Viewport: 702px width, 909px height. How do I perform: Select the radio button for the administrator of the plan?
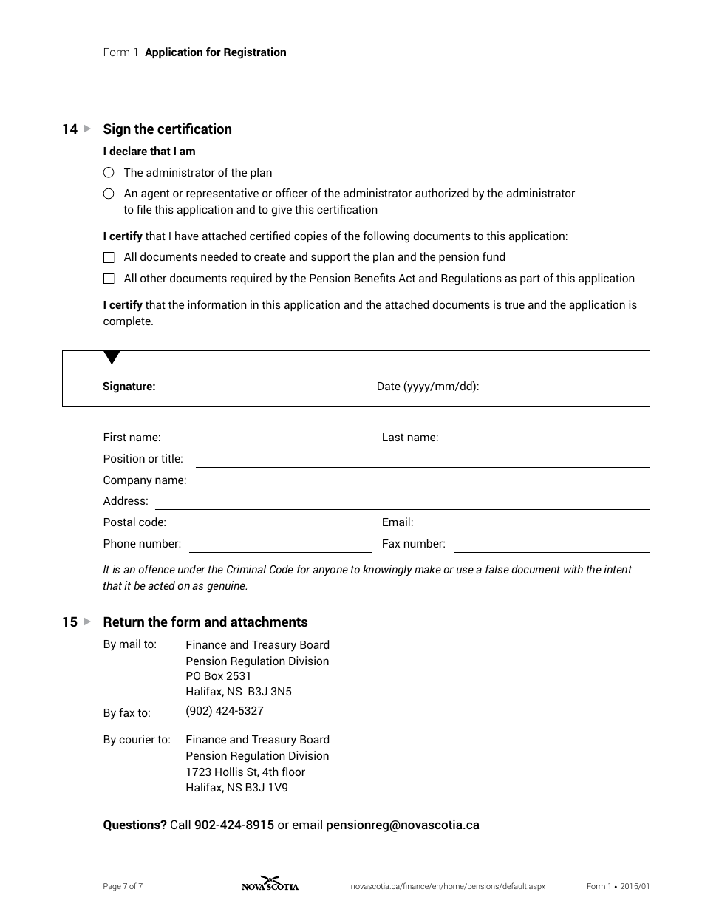[109, 173]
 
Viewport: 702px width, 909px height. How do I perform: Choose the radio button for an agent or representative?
[109, 194]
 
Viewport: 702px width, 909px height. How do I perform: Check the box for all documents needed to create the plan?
[109, 258]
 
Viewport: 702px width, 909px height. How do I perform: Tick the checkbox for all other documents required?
[109, 279]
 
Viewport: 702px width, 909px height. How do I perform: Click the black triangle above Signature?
[112, 358]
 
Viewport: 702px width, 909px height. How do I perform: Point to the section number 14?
[69, 129]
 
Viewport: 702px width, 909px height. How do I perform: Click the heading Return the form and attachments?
[205, 622]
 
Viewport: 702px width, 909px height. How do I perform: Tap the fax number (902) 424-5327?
[225, 711]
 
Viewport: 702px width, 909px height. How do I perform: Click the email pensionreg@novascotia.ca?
[403, 825]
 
